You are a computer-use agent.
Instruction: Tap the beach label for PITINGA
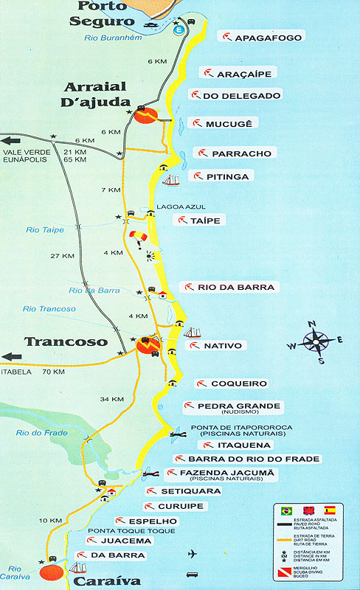[x=229, y=176]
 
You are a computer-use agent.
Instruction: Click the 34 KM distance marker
[x=111, y=399]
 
